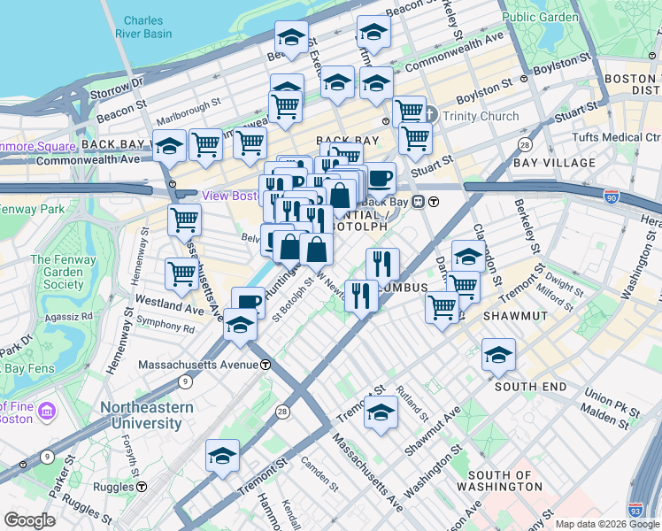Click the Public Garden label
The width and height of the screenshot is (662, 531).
pyautogui.click(x=540, y=17)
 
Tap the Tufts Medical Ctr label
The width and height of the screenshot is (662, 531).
pyautogui.click(x=616, y=137)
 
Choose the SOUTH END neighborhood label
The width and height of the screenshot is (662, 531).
pyautogui.click(x=530, y=387)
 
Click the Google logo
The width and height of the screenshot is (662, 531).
pyautogui.click(x=29, y=520)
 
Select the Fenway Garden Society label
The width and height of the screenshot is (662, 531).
pyautogui.click(x=57, y=272)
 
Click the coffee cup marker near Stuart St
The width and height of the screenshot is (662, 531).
pyautogui.click(x=380, y=178)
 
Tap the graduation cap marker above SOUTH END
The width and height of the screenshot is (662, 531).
pyautogui.click(x=499, y=356)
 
